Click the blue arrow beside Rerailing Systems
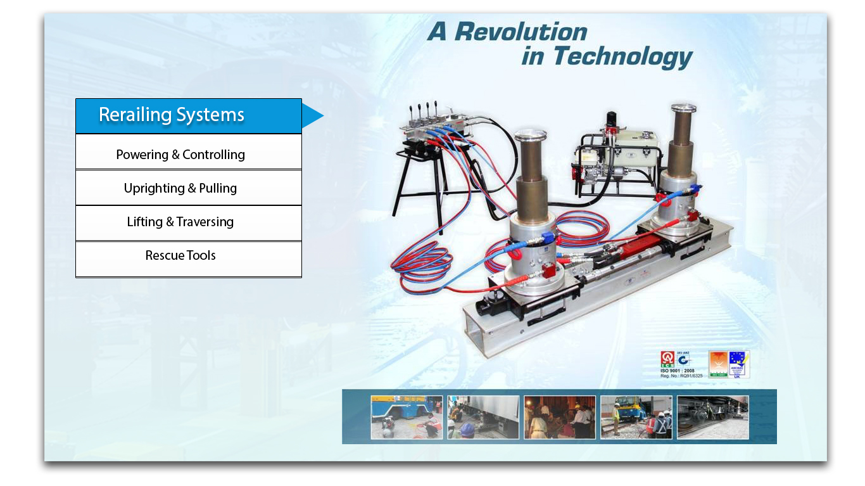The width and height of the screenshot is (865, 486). (x=312, y=115)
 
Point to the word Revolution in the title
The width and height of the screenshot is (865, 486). (x=521, y=32)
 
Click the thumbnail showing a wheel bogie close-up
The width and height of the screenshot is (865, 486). (x=712, y=417)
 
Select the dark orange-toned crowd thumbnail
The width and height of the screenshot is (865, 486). (x=559, y=417)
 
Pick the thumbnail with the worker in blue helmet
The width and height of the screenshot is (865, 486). (x=483, y=417)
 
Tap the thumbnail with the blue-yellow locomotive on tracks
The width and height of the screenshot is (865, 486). (x=636, y=417)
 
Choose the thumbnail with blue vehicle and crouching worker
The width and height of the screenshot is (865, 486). (x=407, y=417)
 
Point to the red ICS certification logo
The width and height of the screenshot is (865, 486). (x=667, y=359)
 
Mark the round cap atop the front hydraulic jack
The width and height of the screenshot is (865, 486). (x=530, y=136)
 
